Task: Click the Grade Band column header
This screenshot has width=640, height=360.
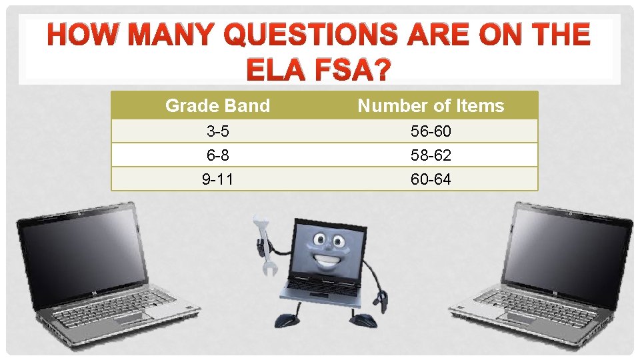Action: pyautogui.click(x=217, y=105)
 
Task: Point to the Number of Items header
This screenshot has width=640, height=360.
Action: pyautogui.click(x=431, y=105)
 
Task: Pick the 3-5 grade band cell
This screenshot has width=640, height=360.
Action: pyautogui.click(x=217, y=131)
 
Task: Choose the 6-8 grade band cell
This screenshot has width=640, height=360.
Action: pyautogui.click(x=217, y=155)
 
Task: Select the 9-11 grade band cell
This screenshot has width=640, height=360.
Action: pyautogui.click(x=217, y=179)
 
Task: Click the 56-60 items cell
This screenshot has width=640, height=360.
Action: pyautogui.click(x=431, y=131)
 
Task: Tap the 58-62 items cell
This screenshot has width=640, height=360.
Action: pyautogui.click(x=431, y=155)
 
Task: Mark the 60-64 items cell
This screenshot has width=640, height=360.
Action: pyautogui.click(x=431, y=179)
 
